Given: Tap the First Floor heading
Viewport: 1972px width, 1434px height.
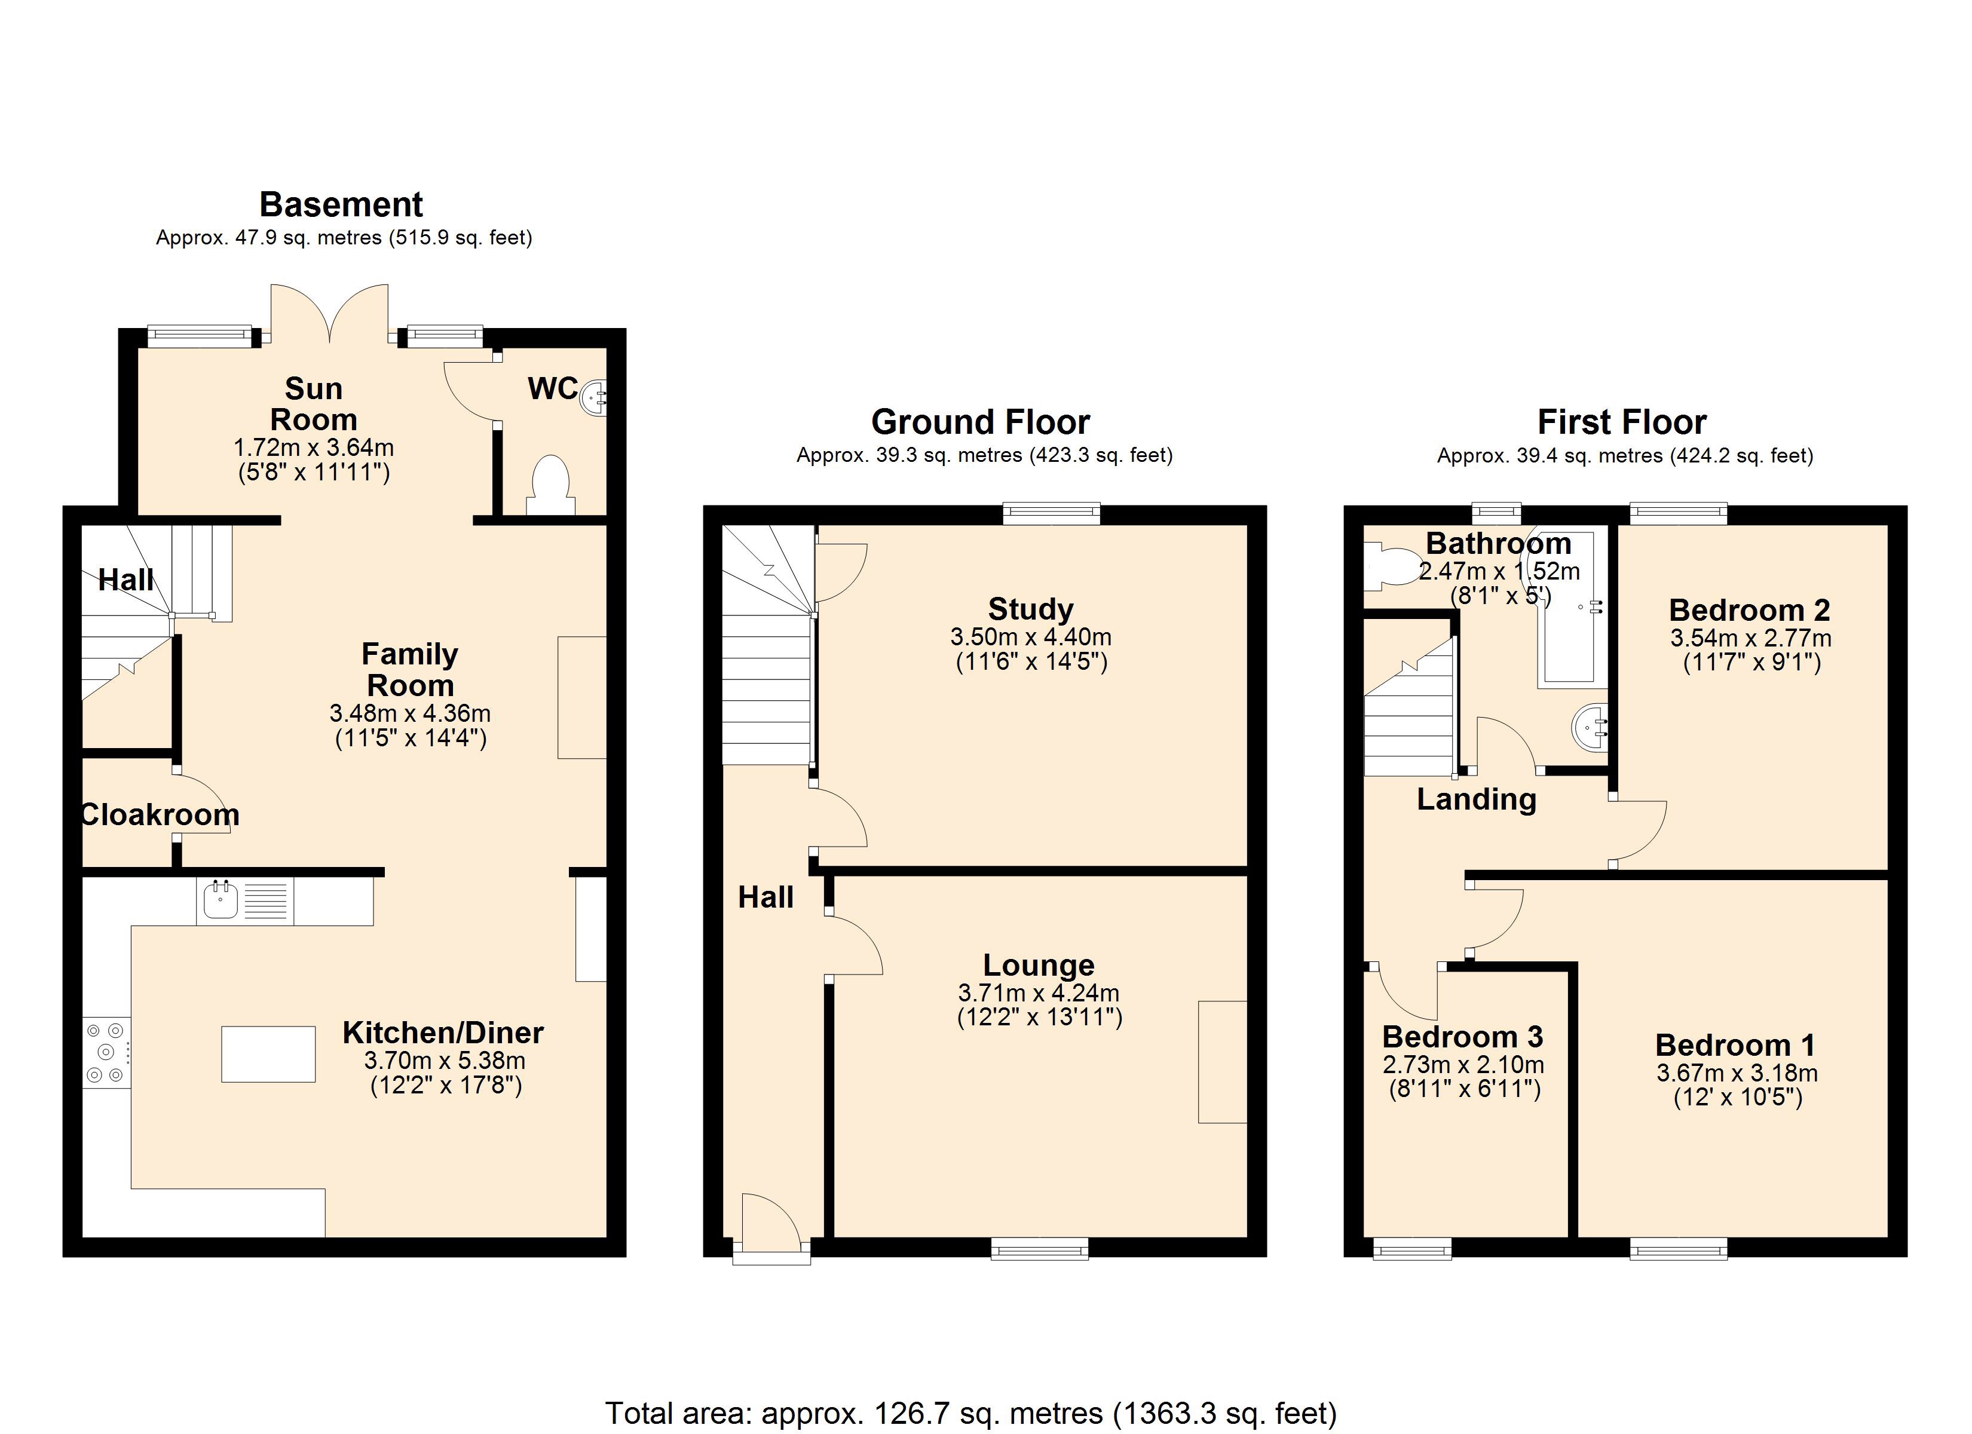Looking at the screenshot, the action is coord(1622,422).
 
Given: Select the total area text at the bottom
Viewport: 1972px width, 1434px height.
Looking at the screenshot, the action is coord(970,1413).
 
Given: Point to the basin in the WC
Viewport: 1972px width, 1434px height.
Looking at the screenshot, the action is coord(594,397).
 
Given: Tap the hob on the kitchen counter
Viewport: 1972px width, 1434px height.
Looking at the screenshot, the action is coord(106,1052).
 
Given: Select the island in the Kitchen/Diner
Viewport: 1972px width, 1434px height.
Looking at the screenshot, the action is coord(268,1054).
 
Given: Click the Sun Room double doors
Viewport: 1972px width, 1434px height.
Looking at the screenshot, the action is coord(329,313).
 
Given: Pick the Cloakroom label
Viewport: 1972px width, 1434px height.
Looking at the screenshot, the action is coord(160,815).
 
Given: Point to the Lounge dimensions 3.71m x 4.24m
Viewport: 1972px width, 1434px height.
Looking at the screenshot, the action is coord(1039,992).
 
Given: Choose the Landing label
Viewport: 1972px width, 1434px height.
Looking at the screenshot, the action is coord(1477,799).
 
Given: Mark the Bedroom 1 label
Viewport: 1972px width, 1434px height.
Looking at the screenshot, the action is coord(1735,1044).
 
